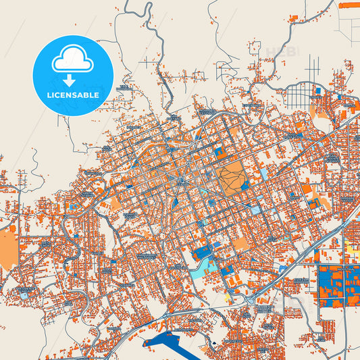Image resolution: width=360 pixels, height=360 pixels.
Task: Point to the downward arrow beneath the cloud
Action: [68, 80]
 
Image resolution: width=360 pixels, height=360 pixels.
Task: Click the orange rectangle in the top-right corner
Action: [349, 5]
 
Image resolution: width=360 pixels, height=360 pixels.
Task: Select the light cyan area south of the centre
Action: [209, 267]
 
